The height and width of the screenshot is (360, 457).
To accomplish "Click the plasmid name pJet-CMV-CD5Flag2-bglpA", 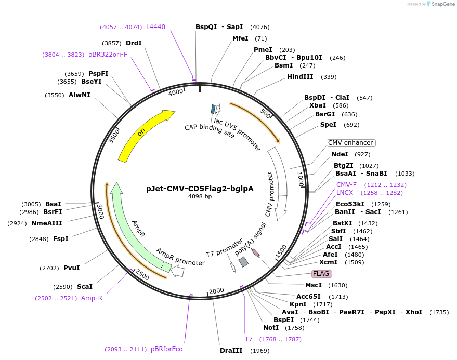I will point(200,188).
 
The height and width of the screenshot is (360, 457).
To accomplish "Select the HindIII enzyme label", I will point(300,77).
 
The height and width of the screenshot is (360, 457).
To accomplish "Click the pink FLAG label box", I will point(321,274).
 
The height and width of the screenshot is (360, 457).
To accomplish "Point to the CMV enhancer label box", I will point(351,143).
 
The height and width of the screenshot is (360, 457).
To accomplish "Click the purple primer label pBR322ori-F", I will point(108,54).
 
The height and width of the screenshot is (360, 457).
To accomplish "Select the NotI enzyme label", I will point(271,328).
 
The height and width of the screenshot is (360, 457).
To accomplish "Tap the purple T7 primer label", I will point(249,339).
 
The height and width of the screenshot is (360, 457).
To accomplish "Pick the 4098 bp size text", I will point(200,197).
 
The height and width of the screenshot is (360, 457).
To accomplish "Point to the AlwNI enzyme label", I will point(79,95).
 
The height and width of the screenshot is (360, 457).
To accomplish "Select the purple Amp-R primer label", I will point(92,298).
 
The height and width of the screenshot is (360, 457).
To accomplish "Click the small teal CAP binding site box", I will point(213,109).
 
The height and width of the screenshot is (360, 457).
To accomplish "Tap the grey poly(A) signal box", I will point(243,262).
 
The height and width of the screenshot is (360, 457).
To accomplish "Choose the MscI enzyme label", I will point(314,285).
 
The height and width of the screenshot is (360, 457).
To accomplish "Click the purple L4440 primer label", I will point(155,27).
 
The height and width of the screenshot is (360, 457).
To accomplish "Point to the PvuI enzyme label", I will point(71,268).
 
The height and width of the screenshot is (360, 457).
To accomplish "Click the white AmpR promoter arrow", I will point(178,271).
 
